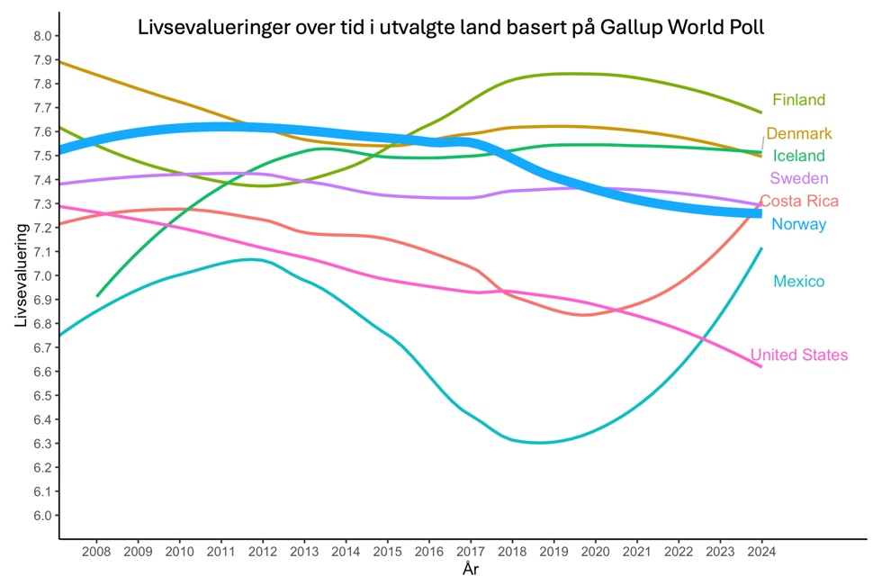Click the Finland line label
click(798, 100)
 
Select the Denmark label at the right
click(798, 134)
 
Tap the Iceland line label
click(798, 156)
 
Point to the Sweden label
click(798, 178)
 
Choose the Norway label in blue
click(798, 224)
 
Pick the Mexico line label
click(798, 282)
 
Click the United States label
click(798, 355)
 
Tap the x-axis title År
click(471, 570)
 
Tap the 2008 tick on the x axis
click(97, 551)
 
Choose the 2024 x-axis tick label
click(761, 551)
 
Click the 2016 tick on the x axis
click(429, 551)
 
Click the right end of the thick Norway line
click(760, 213)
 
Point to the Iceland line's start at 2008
click(97, 295)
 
